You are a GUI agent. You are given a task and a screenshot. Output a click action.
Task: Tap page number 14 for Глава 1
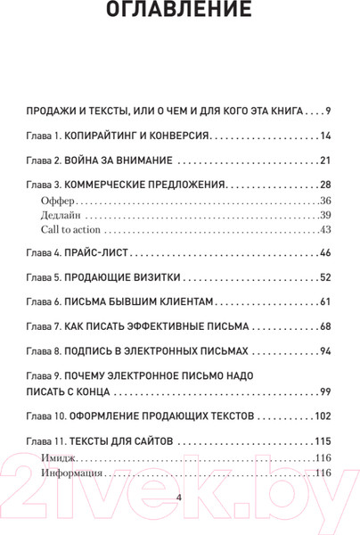[x=324, y=136]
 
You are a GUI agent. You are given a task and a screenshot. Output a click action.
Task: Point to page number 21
[x=324, y=160]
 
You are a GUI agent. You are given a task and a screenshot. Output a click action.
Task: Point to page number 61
[x=324, y=302]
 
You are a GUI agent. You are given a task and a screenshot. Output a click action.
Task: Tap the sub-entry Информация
[x=71, y=473]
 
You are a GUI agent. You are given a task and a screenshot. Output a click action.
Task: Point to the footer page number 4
[x=179, y=498]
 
